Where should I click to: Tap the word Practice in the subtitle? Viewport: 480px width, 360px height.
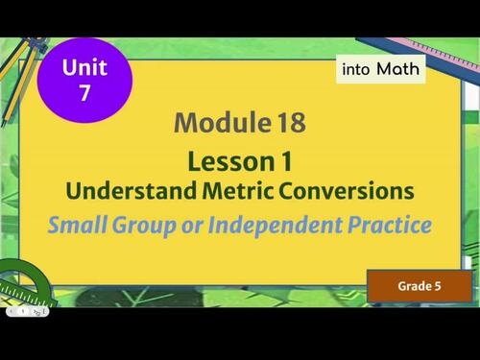(391, 226)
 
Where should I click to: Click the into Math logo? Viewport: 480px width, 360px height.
(380, 69)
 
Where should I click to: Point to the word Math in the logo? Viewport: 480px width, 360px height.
(397, 69)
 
